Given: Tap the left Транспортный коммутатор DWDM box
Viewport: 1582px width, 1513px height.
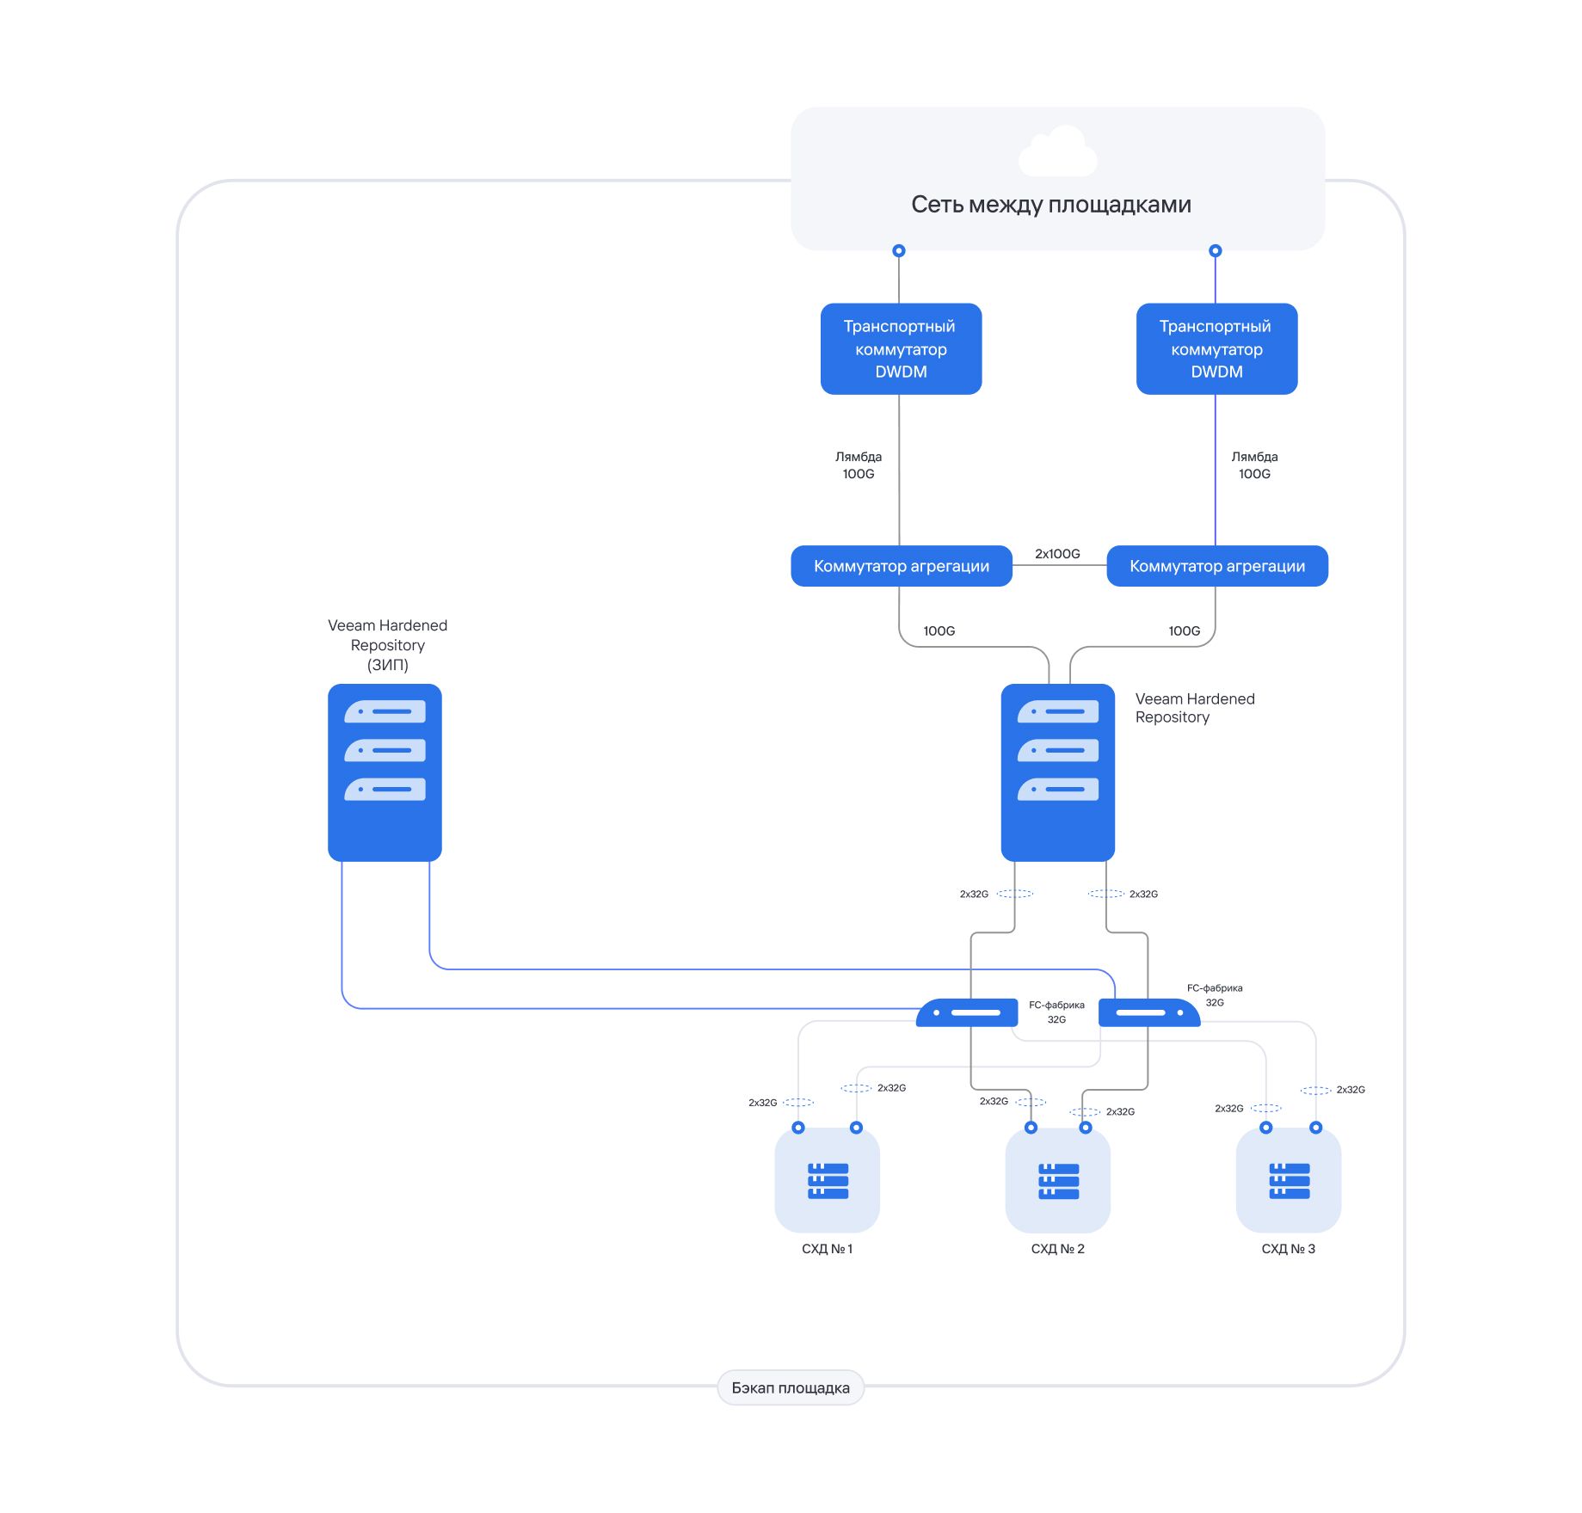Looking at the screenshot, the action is click(901, 348).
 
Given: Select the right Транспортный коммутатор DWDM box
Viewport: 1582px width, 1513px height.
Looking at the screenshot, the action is click(1216, 348).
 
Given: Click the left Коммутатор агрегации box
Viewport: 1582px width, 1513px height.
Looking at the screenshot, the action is click(901, 566).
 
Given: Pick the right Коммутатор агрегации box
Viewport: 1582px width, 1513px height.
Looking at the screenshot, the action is click(1216, 566).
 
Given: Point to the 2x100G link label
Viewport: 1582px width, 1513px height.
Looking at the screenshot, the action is click(1057, 554).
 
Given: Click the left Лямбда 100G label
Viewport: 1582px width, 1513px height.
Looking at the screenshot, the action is click(859, 465).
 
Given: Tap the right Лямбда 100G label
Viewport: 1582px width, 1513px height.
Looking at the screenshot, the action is click(1254, 465).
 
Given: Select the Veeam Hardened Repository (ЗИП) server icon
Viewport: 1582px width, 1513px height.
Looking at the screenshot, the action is click(385, 772).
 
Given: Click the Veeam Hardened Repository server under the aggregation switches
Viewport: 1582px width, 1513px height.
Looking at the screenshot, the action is click(1057, 772).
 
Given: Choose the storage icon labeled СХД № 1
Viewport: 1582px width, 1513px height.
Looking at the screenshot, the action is click(828, 1180).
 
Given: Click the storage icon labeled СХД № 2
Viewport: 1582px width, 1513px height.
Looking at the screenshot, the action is click(1058, 1180).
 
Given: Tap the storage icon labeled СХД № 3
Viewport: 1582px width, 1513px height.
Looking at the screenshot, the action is click(1289, 1180).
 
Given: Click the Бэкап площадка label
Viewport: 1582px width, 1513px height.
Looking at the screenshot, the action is click(791, 1387).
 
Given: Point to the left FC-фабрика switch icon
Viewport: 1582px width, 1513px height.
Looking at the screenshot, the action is click(967, 1012).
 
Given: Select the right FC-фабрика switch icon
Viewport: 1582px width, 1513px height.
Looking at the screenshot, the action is click(1149, 1012).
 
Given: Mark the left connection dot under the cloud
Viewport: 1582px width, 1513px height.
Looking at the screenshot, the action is click(899, 251).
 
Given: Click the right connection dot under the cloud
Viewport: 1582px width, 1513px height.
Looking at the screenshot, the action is click(1215, 251).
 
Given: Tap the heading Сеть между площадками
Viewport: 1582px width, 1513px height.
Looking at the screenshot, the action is click(1051, 205).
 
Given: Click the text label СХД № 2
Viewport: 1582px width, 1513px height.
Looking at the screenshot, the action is click(1058, 1249).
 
